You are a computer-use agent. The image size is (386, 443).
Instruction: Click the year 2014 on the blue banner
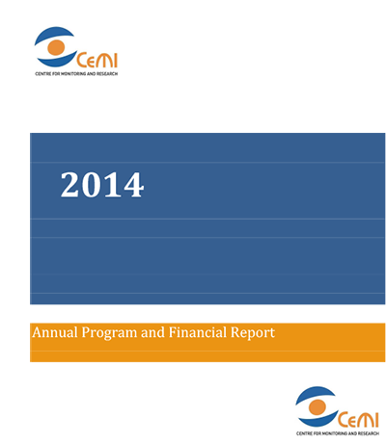tap(102, 185)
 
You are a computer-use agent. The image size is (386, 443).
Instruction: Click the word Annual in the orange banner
tap(55, 332)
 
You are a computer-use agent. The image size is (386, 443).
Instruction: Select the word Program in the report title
tap(109, 333)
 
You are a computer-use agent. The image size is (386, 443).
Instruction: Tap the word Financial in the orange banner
tap(198, 332)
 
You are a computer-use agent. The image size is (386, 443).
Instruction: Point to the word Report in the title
tap(253, 333)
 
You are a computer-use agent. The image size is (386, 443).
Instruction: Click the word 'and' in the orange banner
tap(153, 332)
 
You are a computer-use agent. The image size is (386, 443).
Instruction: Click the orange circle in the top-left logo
tap(56, 47)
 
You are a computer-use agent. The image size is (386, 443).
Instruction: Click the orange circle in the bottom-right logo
tap(317, 407)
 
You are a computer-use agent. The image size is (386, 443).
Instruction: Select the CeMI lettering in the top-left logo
tap(97, 61)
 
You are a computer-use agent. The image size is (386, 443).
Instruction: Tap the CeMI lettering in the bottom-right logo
tap(358, 420)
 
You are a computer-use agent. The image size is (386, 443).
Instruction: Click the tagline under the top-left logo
tap(76, 74)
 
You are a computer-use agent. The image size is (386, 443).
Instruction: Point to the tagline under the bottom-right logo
tap(338, 433)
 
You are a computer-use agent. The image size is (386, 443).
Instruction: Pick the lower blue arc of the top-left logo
tap(56, 62)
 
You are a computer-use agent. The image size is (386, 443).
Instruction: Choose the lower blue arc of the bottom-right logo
tap(317, 422)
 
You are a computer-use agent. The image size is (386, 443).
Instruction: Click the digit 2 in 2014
tap(70, 185)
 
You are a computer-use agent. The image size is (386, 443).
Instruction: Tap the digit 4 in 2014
tap(133, 185)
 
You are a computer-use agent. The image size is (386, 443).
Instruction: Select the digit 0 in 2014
tap(92, 185)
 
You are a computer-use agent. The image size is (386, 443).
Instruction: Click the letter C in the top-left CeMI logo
tap(82, 61)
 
